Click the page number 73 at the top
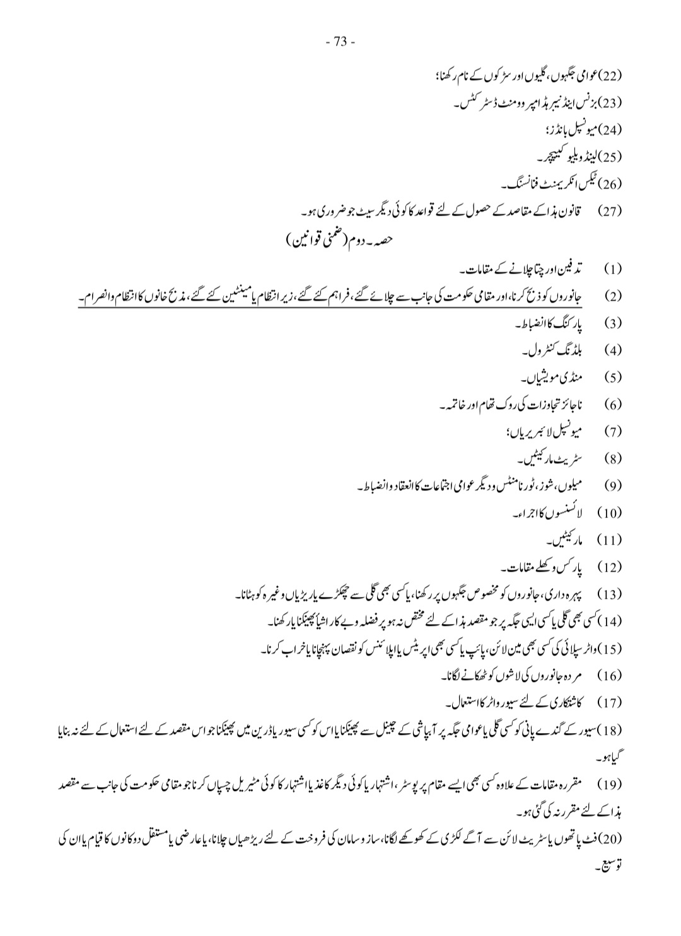point(341,42)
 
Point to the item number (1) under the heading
point(612,269)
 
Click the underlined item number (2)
point(612,296)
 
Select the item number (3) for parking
point(612,324)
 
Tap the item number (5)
point(612,378)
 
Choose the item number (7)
point(612,432)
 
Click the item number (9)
point(612,486)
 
